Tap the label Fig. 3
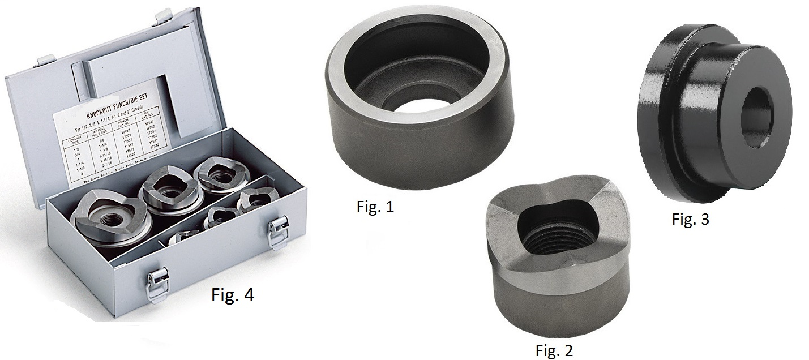click(x=690, y=220)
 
